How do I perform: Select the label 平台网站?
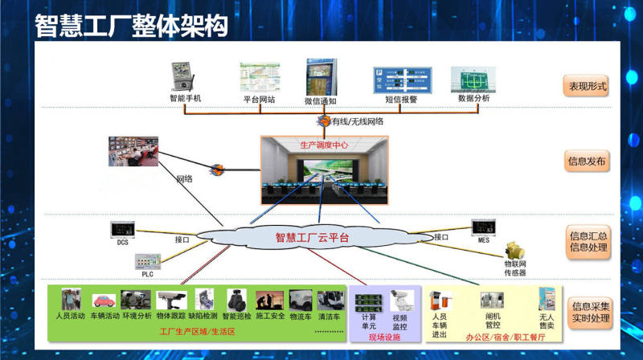(x=259, y=100)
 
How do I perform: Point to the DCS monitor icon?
(x=122, y=230)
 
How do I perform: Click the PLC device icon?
(x=146, y=262)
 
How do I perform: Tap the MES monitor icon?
(x=483, y=227)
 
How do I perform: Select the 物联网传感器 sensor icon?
(x=515, y=249)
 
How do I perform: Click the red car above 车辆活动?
(x=104, y=301)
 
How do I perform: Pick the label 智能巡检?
(x=240, y=317)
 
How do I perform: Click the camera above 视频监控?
(x=399, y=302)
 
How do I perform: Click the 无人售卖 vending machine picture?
(x=547, y=301)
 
